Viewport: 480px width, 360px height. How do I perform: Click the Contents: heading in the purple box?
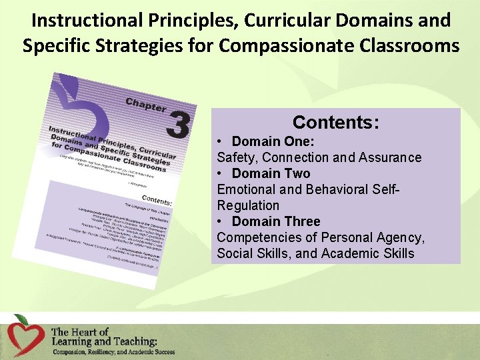[336, 123]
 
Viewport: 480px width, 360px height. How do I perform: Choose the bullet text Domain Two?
[271, 173]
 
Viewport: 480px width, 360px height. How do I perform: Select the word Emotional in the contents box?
[246, 189]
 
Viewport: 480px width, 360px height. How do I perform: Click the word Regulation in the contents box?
[248, 205]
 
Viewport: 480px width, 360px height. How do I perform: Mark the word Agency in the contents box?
[403, 237]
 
